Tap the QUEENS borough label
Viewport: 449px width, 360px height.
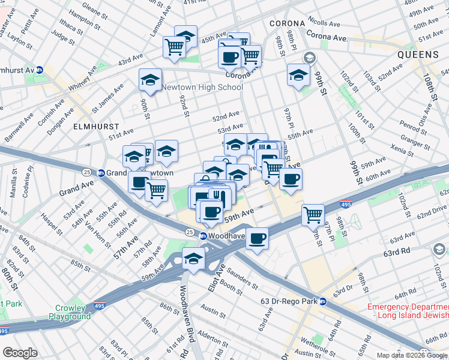(417, 55)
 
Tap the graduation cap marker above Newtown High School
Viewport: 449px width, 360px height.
(150, 79)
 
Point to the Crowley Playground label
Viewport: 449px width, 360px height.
(70, 312)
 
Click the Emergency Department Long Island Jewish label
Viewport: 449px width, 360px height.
(408, 311)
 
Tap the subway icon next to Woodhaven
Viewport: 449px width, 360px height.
(203, 236)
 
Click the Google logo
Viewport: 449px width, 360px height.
(20, 353)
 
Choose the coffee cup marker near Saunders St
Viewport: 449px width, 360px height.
(257, 238)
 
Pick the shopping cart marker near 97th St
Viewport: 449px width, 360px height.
(313, 214)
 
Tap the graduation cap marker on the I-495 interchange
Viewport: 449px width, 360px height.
(193, 259)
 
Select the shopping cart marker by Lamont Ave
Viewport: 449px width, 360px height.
(174, 47)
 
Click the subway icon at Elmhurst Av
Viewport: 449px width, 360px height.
(40, 70)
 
